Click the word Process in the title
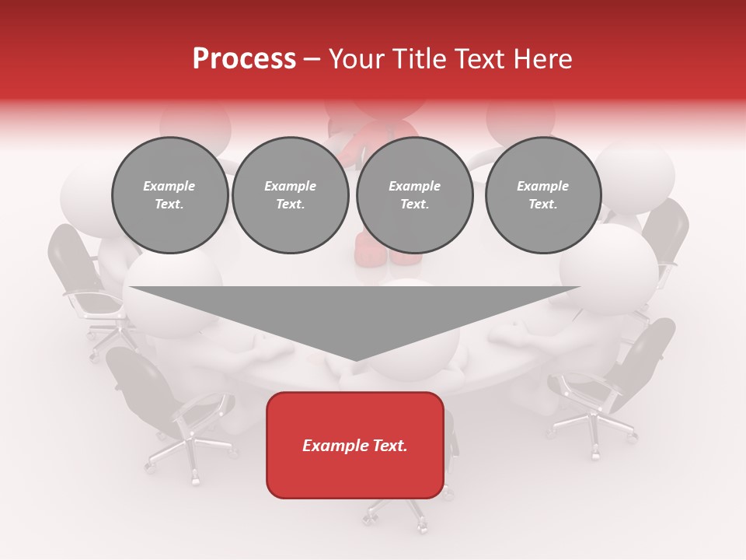[244, 59]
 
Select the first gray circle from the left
[170, 194]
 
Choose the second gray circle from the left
[291, 194]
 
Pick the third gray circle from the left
[415, 194]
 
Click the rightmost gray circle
[543, 194]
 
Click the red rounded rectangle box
[355, 445]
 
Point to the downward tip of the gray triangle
[355, 359]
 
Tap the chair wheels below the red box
[396, 517]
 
